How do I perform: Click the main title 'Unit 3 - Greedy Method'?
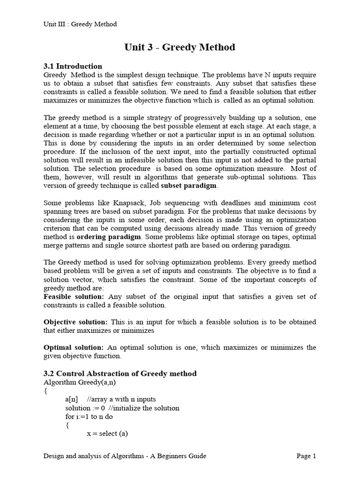[x=180, y=47]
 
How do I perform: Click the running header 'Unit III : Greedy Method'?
[x=80, y=24]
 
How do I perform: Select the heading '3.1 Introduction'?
[x=73, y=66]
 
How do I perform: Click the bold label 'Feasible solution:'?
[x=74, y=297]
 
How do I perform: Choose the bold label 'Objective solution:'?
[x=75, y=322]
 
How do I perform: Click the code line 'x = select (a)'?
[x=107, y=434]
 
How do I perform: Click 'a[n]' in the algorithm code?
[x=72, y=399]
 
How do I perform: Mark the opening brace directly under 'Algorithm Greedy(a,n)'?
[x=45, y=390]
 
